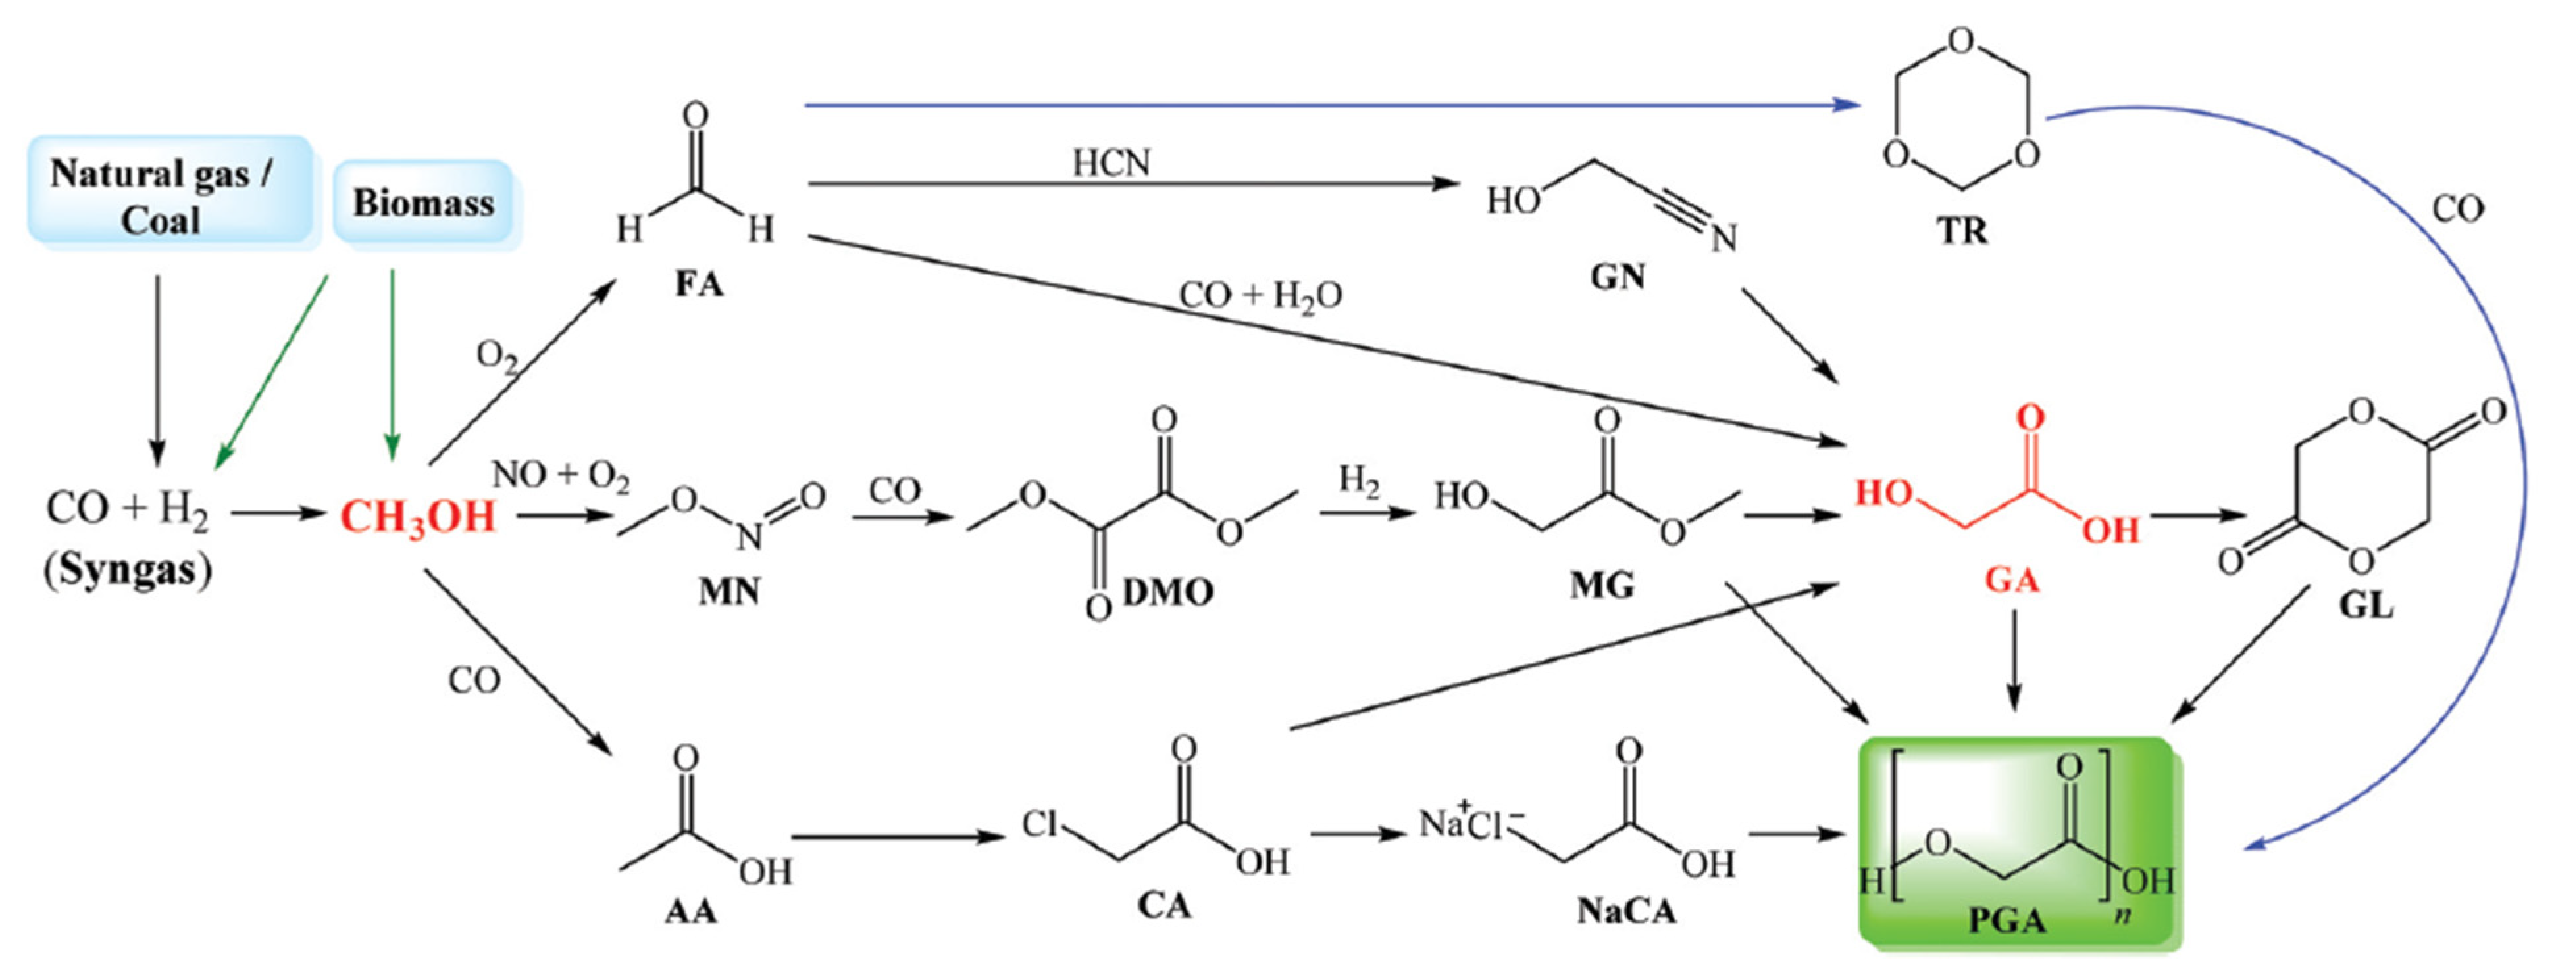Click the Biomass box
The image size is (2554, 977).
tap(423, 203)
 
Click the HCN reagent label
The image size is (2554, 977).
tap(1111, 162)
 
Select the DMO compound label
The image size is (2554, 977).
tap(1168, 592)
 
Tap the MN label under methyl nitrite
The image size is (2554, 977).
tap(728, 592)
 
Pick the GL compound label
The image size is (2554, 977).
tap(2366, 604)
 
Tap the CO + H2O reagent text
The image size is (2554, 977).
tap(1260, 295)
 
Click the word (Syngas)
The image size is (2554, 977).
tap(127, 570)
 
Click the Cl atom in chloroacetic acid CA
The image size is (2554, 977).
tap(1040, 823)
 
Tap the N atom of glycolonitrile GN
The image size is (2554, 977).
tap(1724, 239)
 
